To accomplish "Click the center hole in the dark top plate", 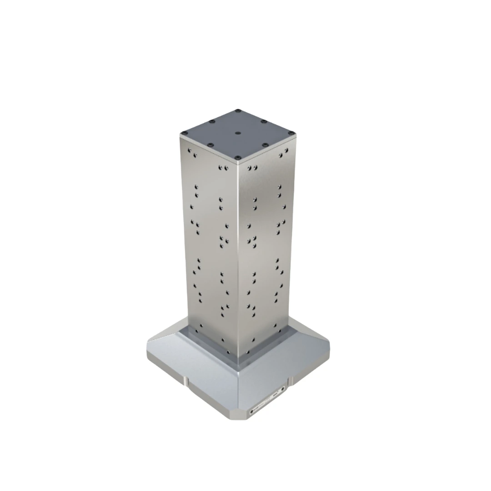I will pyautogui.click(x=238, y=134).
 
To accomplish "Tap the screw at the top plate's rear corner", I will pyautogui.click(x=237, y=110).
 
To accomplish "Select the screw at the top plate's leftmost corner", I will pyautogui.click(x=184, y=133).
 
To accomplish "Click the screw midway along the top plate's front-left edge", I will pyautogui.click(x=210, y=145).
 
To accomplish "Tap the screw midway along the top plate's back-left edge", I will pyautogui.click(x=211, y=121).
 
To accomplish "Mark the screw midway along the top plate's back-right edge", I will pyautogui.click(x=264, y=121).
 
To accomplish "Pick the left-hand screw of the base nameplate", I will pyautogui.click(x=251, y=411).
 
